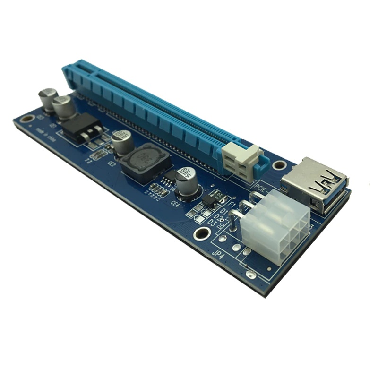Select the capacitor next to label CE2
coord(121,142)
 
